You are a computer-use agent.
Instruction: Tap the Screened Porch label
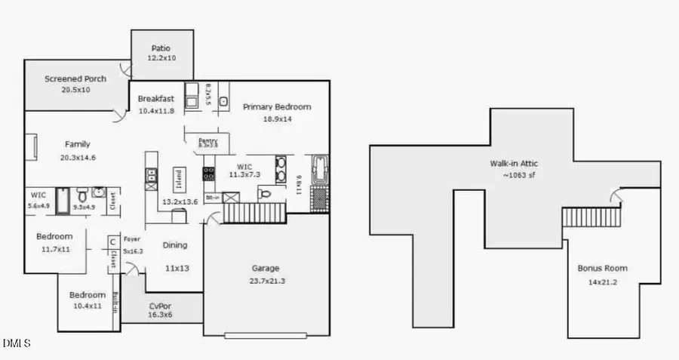[75, 78]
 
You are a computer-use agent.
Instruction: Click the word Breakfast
[156, 98]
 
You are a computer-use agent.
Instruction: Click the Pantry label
[207, 140]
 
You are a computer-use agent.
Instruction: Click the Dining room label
[175, 245]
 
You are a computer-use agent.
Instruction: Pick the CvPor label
[159, 306]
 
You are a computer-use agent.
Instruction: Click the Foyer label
[132, 238]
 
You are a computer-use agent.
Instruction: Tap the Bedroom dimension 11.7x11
[54, 248]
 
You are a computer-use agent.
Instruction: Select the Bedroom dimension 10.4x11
[88, 306]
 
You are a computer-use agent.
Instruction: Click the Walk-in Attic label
[513, 163]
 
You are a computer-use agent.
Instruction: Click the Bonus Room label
[602, 268]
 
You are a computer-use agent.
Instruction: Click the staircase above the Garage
[253, 211]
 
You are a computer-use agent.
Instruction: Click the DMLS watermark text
[17, 343]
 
